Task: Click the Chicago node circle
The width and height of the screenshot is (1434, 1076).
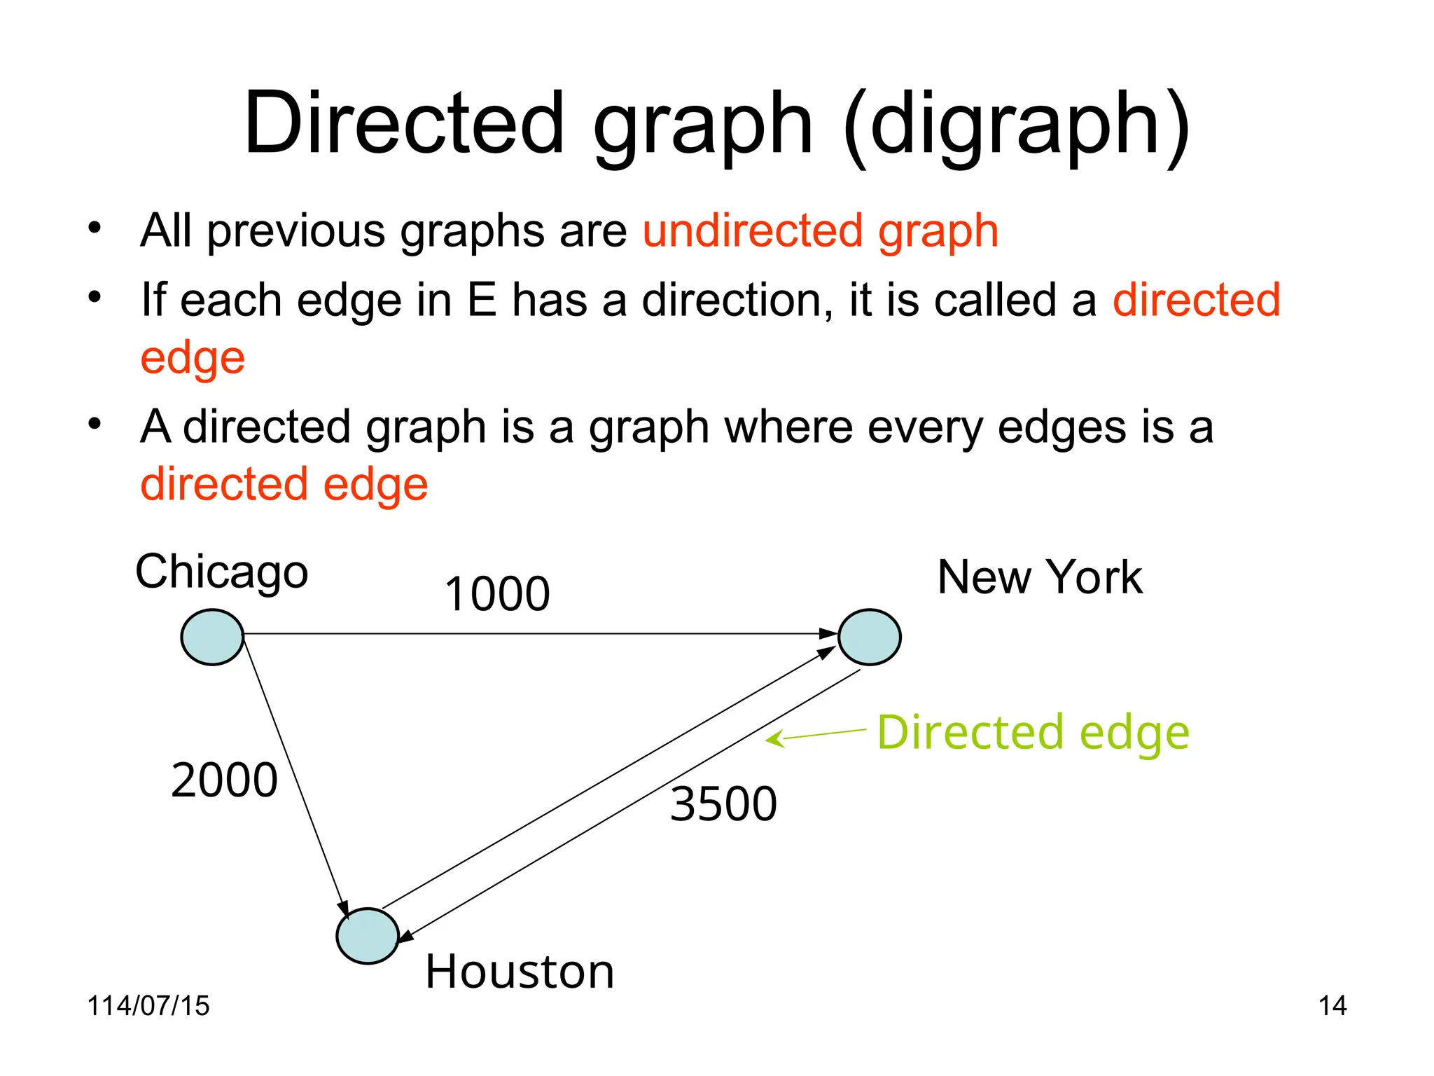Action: click(x=212, y=637)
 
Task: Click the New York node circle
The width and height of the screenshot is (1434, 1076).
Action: click(x=870, y=637)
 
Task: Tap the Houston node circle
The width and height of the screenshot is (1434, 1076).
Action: click(x=368, y=936)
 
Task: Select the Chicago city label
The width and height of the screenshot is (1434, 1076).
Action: click(x=222, y=572)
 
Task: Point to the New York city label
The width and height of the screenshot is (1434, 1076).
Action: click(x=1040, y=577)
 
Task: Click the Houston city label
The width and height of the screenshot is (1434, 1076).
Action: click(x=520, y=972)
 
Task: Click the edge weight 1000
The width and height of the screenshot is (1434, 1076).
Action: click(x=497, y=594)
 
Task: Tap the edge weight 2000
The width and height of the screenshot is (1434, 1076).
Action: click(x=224, y=780)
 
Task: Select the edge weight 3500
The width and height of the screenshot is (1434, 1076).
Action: click(x=723, y=803)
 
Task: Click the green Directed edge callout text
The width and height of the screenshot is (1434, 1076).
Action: click(x=1033, y=733)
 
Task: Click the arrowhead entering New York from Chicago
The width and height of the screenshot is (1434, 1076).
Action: click(x=830, y=633)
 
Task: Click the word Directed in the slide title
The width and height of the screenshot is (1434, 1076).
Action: click(x=404, y=123)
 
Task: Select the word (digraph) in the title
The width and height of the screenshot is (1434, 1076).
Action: click(x=1016, y=125)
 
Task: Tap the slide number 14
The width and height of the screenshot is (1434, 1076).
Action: click(x=1332, y=1006)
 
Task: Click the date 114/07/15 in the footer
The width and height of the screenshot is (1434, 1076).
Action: click(x=148, y=1006)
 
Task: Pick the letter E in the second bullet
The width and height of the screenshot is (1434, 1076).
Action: click(x=481, y=300)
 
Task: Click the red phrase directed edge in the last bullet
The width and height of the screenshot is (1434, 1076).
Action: click(x=284, y=484)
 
